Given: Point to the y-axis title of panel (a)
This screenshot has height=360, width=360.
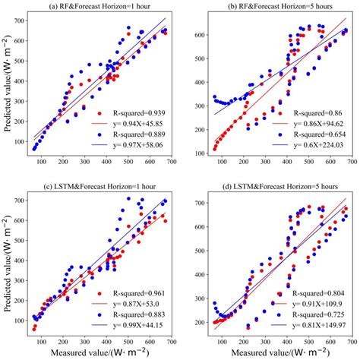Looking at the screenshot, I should click(8, 87).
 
